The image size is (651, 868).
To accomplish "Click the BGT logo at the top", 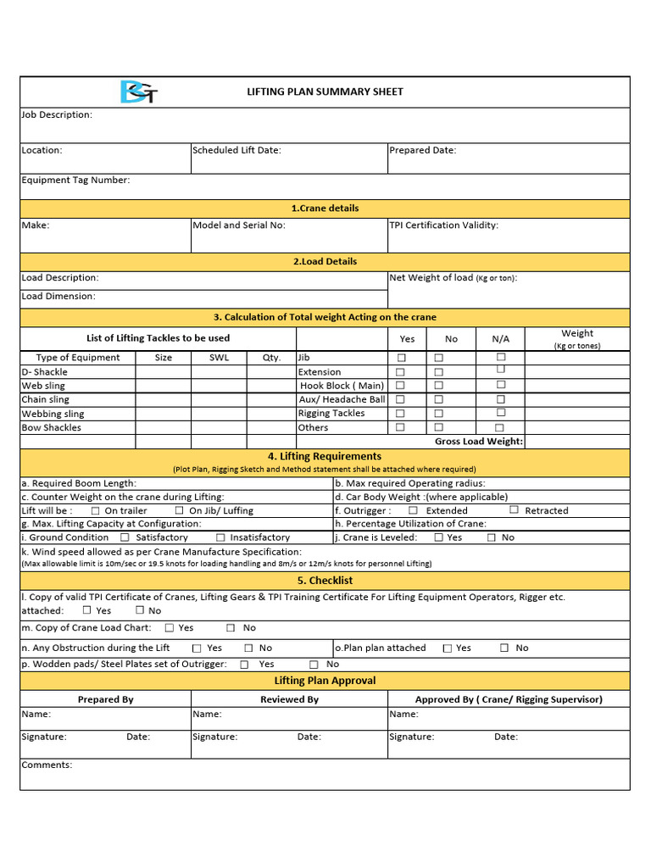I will (x=137, y=92).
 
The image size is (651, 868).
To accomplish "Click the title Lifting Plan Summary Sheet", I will (x=325, y=92).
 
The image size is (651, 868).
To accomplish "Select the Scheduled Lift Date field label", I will (x=236, y=150).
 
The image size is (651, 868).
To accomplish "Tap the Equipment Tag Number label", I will (x=75, y=180).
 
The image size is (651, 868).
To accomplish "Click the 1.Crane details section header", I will (x=325, y=208).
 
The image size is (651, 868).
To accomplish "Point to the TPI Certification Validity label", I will (x=443, y=225).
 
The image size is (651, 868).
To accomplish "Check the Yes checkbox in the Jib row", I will (x=401, y=358).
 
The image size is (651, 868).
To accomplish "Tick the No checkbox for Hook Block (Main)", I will (x=439, y=386).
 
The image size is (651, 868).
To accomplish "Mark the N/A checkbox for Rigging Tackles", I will (x=501, y=413).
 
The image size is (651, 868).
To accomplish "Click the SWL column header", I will (x=219, y=358).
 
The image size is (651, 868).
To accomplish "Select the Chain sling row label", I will (x=46, y=399).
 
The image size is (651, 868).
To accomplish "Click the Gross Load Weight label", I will (x=479, y=442).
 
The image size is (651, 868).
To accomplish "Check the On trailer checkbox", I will (x=96, y=511).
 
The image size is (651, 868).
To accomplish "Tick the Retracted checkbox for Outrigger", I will (x=515, y=510).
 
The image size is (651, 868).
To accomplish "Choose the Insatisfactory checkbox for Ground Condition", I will (x=220, y=537).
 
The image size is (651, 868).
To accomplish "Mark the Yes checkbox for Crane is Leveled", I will (x=438, y=537).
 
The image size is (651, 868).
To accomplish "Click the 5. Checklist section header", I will (x=325, y=581).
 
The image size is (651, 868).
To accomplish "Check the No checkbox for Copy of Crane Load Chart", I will (x=231, y=628).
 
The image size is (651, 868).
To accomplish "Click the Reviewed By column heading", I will (x=289, y=699).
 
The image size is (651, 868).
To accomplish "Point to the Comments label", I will (x=47, y=765).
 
